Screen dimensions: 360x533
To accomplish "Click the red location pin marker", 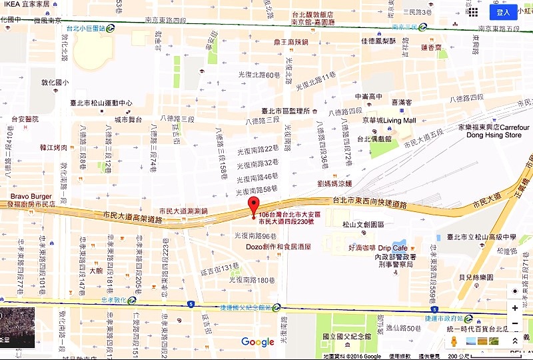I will tap(253, 205).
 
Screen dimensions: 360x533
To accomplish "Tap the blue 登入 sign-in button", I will tap(503, 12).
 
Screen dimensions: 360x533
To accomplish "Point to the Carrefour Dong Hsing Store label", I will tap(493, 131).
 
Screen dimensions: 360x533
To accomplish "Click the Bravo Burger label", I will tap(31, 197).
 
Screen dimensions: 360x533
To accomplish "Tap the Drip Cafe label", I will tap(392, 248).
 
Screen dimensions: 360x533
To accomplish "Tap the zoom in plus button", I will tap(514, 308).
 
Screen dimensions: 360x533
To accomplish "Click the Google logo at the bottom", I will tap(258, 342).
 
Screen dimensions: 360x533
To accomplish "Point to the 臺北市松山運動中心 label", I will tap(100, 103).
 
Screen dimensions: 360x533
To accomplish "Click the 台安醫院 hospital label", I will tap(25, 119).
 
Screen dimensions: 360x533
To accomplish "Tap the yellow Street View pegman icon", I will tap(454, 341).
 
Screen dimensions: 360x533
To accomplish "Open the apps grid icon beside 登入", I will tap(473, 12).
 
